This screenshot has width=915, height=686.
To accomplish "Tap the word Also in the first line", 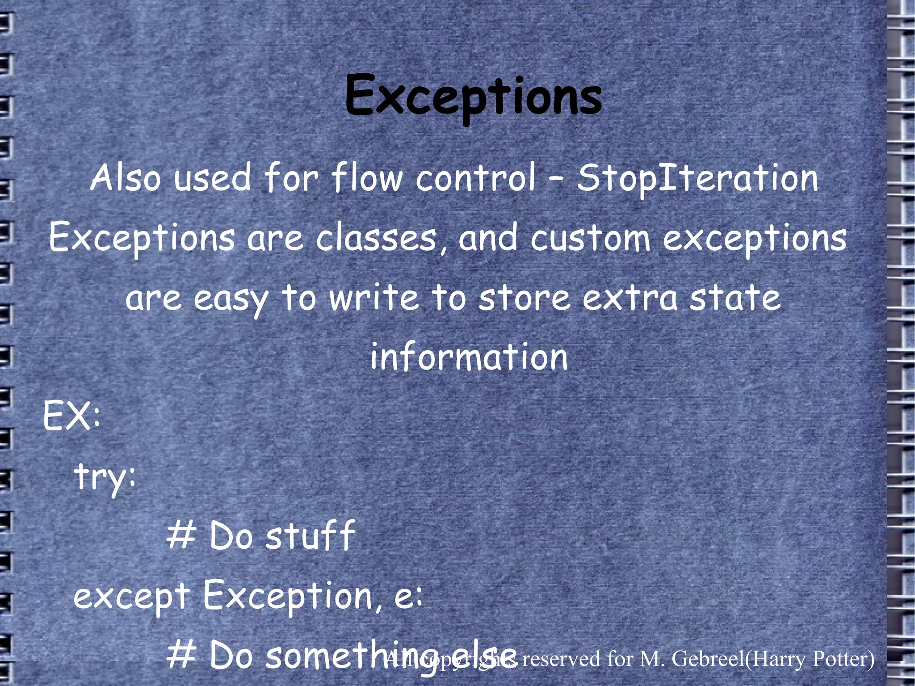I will (125, 178).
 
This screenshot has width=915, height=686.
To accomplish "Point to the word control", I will (475, 178).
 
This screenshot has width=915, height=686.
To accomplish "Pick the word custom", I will (590, 238).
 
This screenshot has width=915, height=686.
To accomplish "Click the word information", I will (469, 357).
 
